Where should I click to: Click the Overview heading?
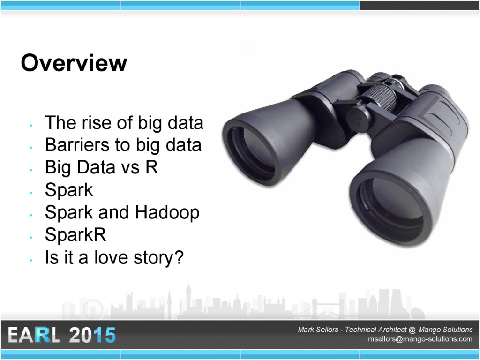point(74,63)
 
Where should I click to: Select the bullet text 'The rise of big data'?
point(124,123)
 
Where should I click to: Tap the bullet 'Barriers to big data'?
point(123,145)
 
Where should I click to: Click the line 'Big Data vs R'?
point(101,167)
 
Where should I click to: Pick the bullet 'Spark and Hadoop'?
point(122,213)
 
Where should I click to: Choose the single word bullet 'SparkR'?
point(75,235)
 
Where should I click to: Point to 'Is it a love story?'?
point(114,257)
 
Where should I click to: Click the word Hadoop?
point(167,213)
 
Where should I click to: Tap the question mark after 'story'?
point(179,257)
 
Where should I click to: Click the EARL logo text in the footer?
point(33,335)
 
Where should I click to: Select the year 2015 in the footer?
point(92,335)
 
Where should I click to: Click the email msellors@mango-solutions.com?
point(420,339)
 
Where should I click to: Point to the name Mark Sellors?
point(318,330)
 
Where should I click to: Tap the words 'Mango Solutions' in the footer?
point(445,330)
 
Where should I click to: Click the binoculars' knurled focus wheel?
point(382,97)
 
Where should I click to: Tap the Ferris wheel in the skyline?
point(93,309)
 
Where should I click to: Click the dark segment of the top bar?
point(420,5)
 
